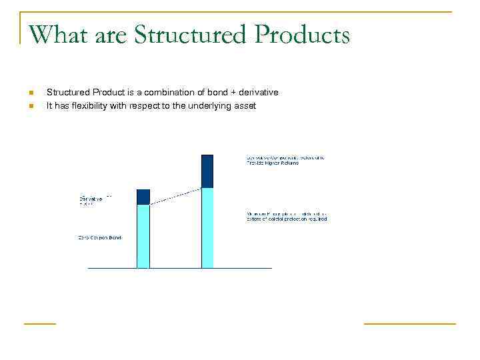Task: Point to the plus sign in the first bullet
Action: pyautogui.click(x=229, y=93)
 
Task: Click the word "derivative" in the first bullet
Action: pyautogui.click(x=257, y=92)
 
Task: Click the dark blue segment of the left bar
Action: pyautogui.click(x=143, y=197)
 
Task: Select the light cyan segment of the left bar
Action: pyautogui.click(x=143, y=236)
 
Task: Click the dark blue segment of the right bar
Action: pyautogui.click(x=207, y=171)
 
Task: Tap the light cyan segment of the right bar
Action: pyautogui.click(x=207, y=228)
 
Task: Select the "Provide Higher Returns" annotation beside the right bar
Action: pyautogui.click(x=273, y=163)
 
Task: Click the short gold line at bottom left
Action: pyautogui.click(x=40, y=323)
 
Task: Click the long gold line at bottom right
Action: pyautogui.click(x=409, y=323)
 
